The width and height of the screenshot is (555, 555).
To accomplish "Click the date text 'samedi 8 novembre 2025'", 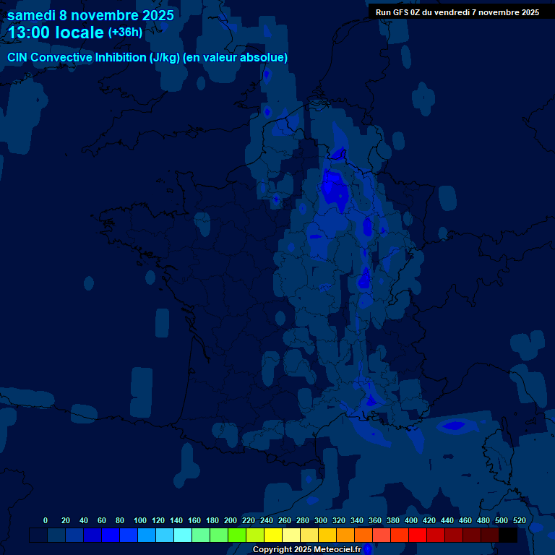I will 90,15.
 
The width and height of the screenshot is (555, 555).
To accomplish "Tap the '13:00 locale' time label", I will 56,33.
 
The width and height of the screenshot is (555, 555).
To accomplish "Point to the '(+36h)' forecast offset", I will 125,33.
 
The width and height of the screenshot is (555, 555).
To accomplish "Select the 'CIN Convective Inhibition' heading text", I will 77,58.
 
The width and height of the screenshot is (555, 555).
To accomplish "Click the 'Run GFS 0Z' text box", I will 457,12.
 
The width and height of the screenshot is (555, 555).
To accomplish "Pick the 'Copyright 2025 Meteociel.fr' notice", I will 306,550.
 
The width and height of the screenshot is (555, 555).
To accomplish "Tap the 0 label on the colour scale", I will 46,520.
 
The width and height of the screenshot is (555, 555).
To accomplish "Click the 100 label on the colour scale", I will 140,520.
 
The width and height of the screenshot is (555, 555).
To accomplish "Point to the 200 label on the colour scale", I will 231,520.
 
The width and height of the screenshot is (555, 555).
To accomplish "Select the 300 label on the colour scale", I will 321,520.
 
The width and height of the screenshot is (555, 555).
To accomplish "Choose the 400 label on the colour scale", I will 411,520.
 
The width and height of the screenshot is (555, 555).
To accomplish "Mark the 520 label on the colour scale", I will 520,520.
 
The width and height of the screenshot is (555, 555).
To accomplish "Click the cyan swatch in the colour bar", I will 183,535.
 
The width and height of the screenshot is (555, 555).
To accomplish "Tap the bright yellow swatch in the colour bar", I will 273,535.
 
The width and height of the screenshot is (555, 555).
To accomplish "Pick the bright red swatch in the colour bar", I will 418,535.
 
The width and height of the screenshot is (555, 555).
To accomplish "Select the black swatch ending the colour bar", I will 508,535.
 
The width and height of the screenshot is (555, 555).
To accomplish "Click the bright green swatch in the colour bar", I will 237,535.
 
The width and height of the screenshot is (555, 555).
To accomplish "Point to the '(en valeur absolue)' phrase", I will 235,58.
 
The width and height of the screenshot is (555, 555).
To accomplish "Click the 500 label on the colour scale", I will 502,520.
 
